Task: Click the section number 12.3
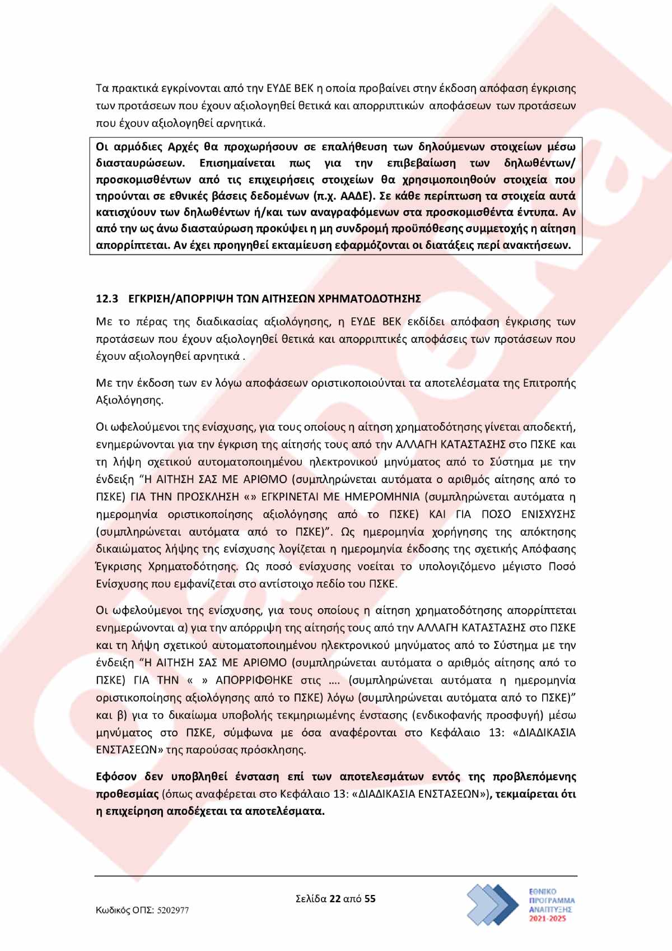[x=107, y=299]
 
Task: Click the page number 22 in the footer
[x=335, y=899]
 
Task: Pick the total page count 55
[x=370, y=899]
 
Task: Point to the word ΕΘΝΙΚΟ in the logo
[x=543, y=892]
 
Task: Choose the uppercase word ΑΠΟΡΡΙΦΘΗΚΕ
[x=254, y=680]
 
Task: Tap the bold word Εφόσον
[x=116, y=777]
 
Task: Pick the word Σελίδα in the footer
[x=311, y=899]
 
